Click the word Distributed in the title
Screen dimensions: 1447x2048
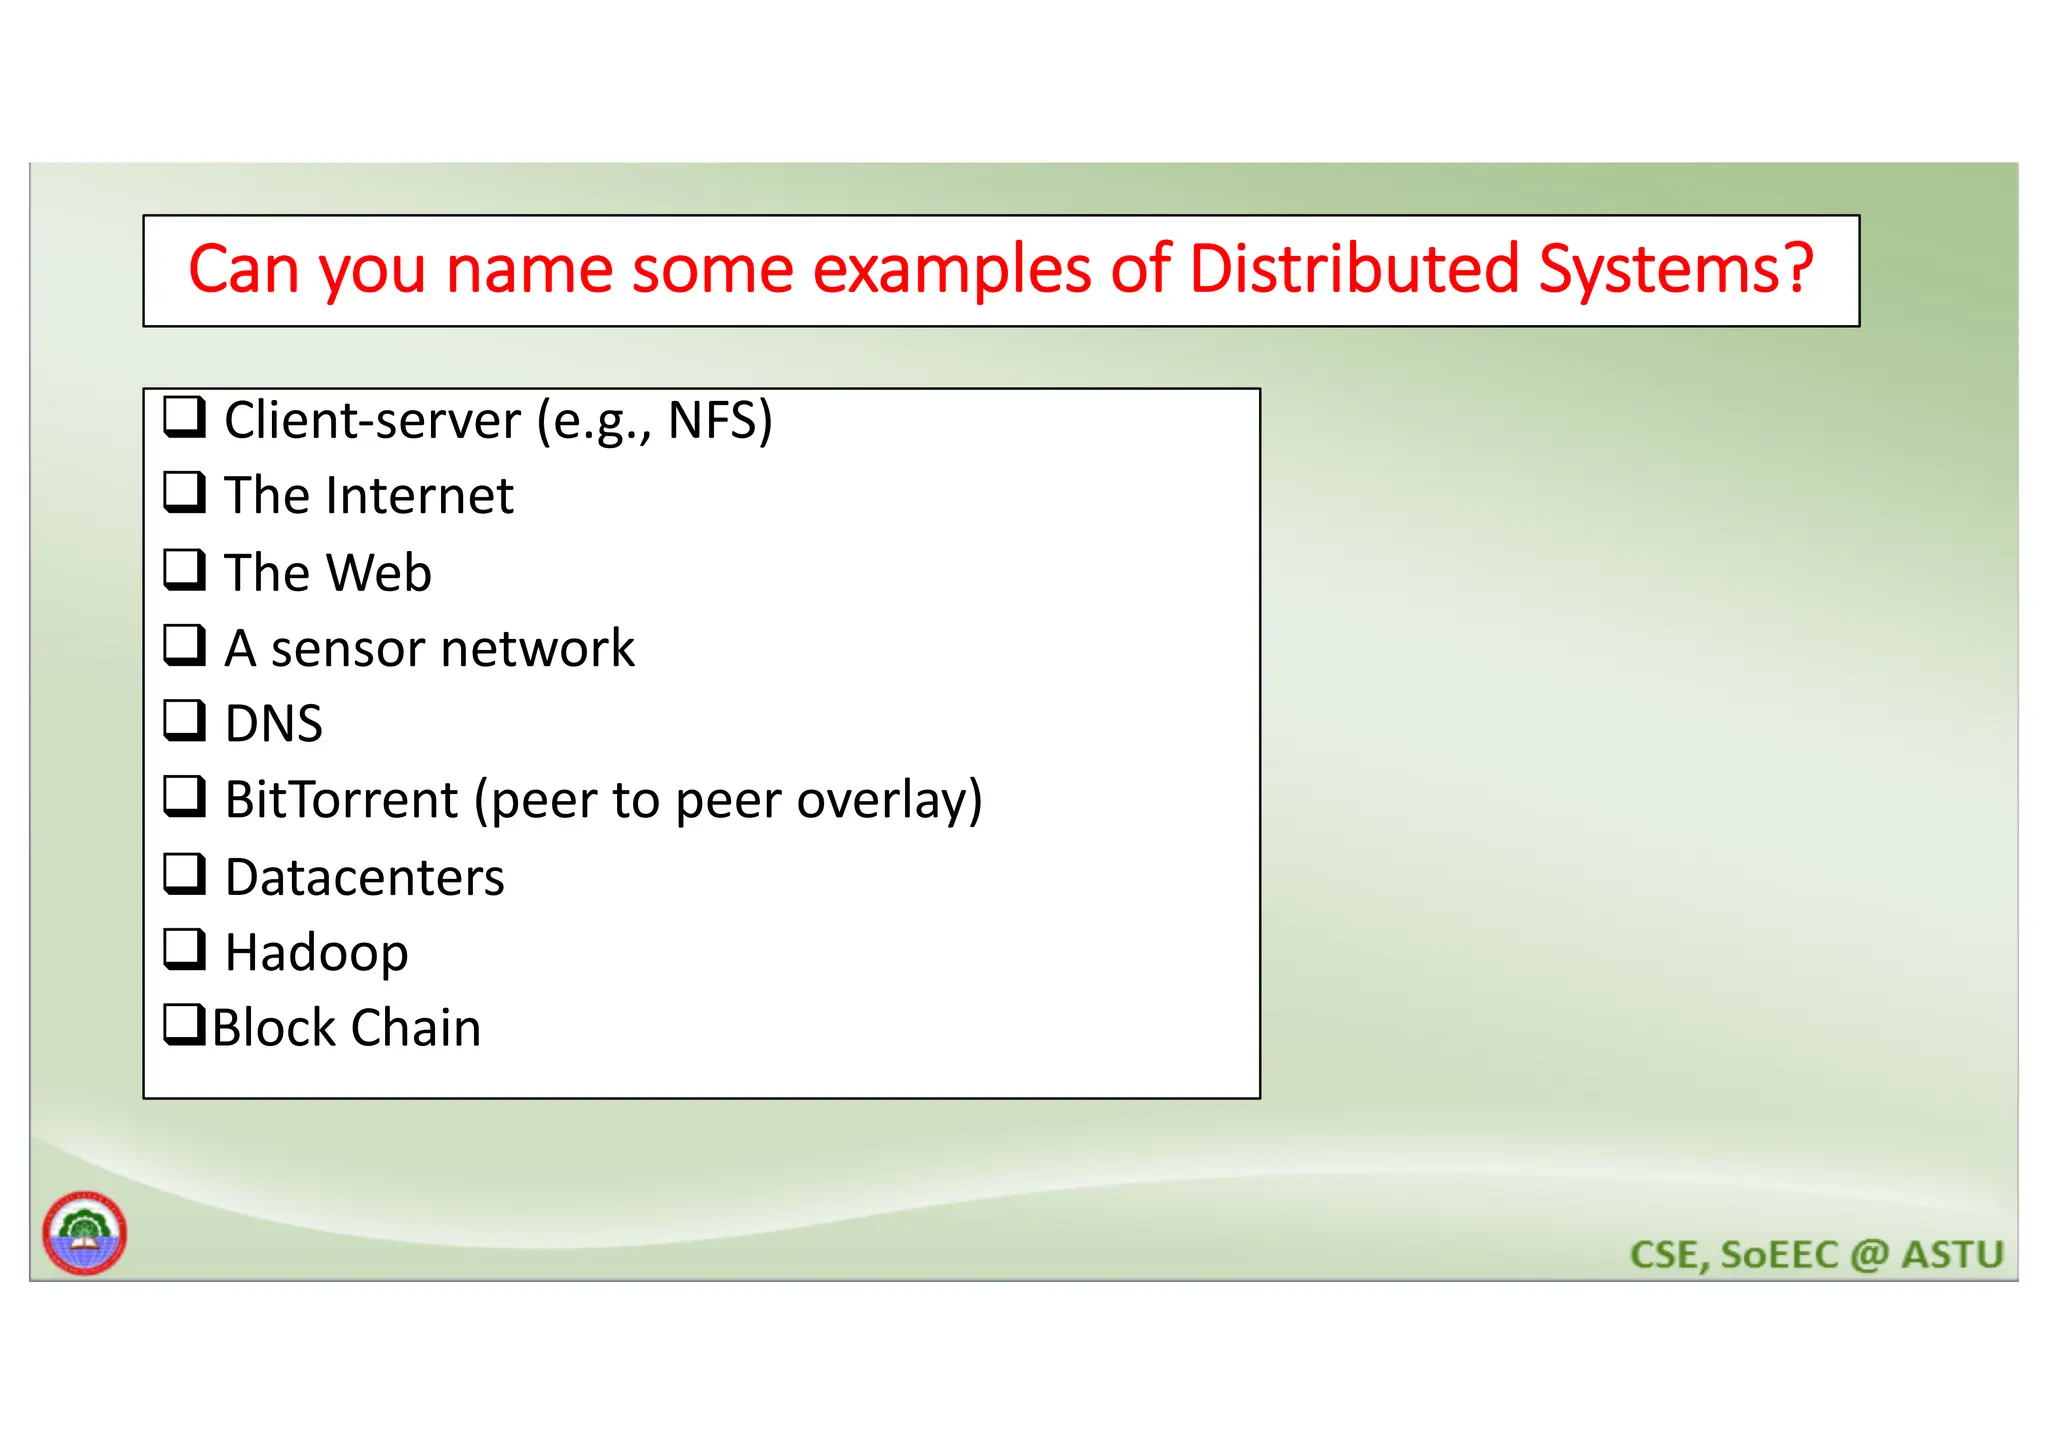(1354, 269)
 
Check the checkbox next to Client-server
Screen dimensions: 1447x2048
(185, 417)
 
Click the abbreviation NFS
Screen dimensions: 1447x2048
(713, 420)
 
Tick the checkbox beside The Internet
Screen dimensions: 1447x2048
(185, 493)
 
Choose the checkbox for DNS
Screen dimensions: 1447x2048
(185, 720)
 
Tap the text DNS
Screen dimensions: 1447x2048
(273, 724)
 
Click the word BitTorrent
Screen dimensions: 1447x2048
(341, 800)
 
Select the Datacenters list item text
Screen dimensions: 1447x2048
(364, 877)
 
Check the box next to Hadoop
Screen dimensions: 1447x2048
(185, 949)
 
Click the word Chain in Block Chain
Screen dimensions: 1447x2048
(415, 1028)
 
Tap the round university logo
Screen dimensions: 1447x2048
(85, 1233)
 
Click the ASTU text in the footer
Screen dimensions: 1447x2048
(1952, 1254)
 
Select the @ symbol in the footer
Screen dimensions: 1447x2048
(1869, 1254)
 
